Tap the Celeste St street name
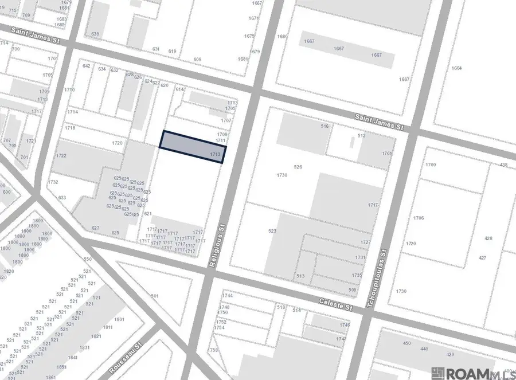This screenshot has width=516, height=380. click(x=337, y=304)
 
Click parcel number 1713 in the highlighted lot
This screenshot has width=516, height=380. click(x=215, y=155)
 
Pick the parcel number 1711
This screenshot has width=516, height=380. click(x=220, y=141)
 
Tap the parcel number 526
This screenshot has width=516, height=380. click(x=298, y=167)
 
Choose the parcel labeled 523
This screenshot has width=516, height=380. click(x=272, y=231)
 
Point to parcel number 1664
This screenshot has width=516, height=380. click(x=456, y=68)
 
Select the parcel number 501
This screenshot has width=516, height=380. click(x=154, y=296)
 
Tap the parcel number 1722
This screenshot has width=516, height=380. click(x=61, y=156)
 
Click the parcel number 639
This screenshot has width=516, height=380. click(x=95, y=34)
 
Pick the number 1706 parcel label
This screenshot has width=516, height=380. click(x=418, y=218)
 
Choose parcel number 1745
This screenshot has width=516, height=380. click(x=344, y=325)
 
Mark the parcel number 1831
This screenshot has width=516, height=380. click(x=84, y=348)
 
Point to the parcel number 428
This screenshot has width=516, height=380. click(x=488, y=238)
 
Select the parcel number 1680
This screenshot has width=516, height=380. click(x=282, y=37)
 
